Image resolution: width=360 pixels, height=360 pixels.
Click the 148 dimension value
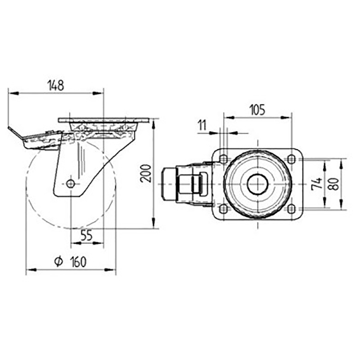click(x=56, y=85)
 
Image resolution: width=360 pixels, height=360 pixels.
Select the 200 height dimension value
click(x=146, y=173)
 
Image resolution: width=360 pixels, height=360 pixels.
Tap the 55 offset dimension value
click(x=86, y=236)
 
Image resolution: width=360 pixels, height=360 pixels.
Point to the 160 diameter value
click(x=78, y=262)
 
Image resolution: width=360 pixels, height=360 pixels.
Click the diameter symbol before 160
click(x=58, y=262)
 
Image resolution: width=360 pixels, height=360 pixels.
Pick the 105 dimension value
click(x=257, y=110)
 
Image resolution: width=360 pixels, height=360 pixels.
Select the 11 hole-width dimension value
click(x=202, y=126)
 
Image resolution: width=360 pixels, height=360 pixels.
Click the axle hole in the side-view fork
click(x=70, y=184)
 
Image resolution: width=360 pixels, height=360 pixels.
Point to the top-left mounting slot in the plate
click(x=223, y=159)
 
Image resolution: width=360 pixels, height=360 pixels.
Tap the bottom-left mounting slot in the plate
click(x=223, y=208)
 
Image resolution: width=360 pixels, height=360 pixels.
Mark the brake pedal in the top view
click(x=168, y=184)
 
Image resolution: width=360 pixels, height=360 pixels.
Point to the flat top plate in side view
click(x=103, y=120)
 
